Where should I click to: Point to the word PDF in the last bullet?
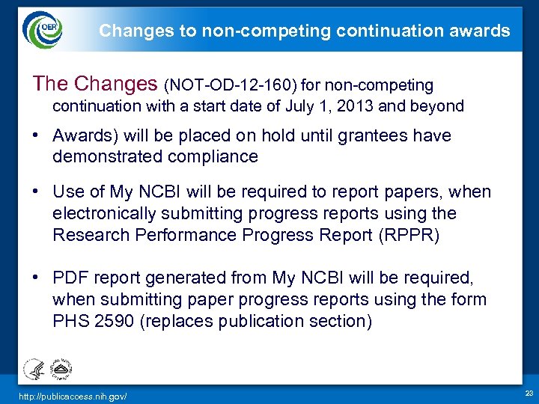[x=70, y=278]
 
